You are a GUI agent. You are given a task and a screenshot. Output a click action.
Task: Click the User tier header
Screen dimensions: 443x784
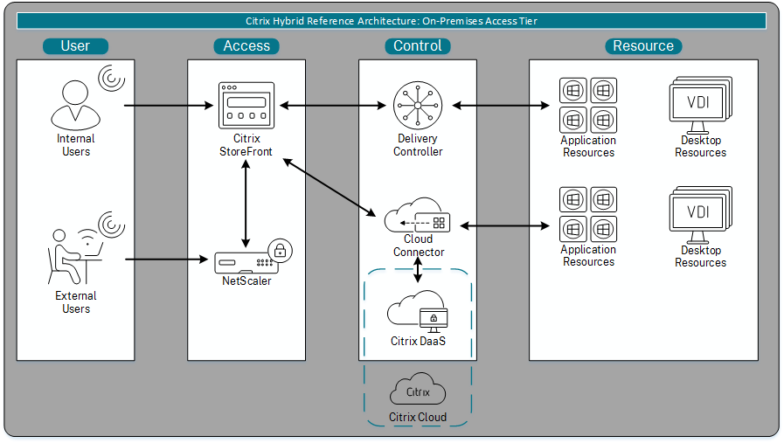(75, 46)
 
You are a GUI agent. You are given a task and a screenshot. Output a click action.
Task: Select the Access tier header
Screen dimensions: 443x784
(246, 46)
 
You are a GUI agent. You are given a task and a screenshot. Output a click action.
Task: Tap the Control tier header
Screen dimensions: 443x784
(418, 46)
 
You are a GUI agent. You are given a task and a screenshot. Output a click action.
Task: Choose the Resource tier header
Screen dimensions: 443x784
(643, 46)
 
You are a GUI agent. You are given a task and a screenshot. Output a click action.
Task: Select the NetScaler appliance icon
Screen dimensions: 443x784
(245, 260)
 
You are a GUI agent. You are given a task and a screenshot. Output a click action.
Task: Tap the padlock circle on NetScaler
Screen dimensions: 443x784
(280, 251)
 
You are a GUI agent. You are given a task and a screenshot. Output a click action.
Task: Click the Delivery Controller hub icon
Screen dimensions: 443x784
(418, 106)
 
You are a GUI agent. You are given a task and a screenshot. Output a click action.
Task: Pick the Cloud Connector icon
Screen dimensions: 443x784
(419, 216)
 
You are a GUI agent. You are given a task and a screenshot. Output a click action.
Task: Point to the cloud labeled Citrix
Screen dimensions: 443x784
(418, 391)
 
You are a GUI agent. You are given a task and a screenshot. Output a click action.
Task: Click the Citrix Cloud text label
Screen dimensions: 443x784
(418, 418)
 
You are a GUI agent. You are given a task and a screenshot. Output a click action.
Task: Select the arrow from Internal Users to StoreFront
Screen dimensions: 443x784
(170, 107)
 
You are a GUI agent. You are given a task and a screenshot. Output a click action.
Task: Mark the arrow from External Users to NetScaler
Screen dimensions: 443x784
(170, 260)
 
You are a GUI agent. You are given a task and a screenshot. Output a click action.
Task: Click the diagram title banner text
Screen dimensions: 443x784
(392, 20)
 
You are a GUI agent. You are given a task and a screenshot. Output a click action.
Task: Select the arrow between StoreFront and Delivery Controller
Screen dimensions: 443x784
(332, 107)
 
